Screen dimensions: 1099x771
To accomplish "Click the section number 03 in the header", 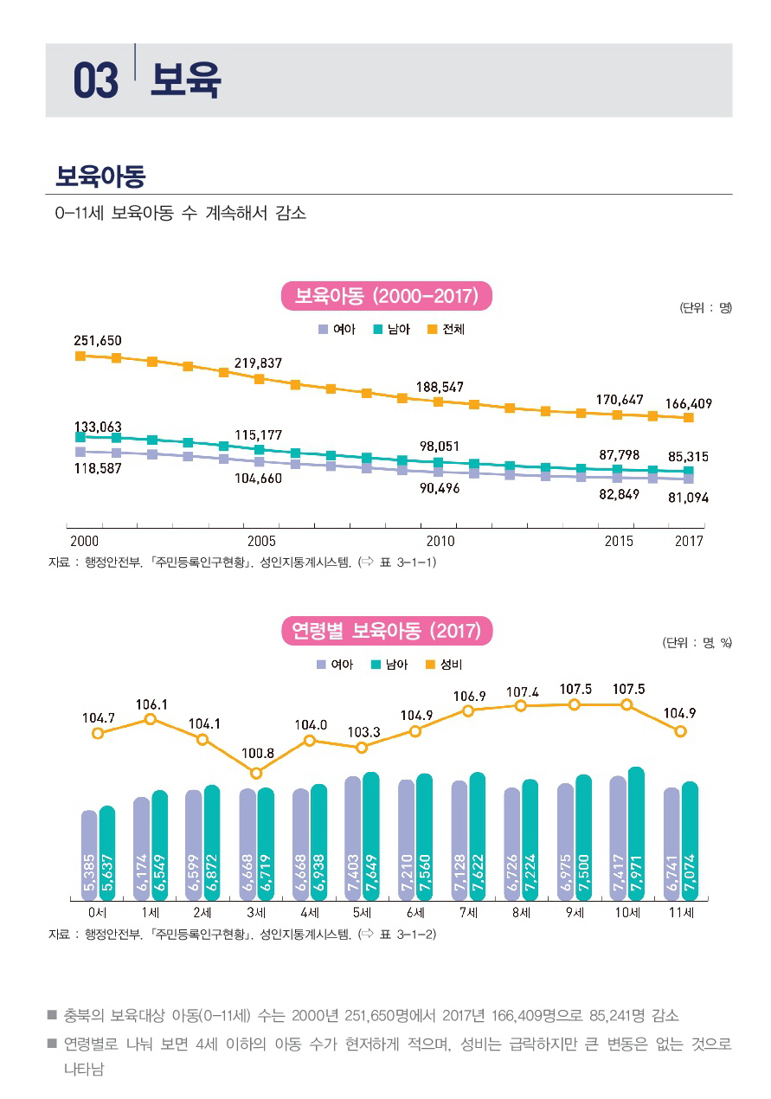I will coord(95,81).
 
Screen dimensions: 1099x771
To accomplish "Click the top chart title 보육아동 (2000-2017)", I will coord(387,296).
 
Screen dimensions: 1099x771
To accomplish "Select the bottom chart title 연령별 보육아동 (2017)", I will coord(387,630).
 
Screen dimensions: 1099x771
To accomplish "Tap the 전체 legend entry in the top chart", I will coord(447,330).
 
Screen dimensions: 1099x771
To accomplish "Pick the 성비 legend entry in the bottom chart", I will coord(447,665).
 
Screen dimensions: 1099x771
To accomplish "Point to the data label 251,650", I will coord(97,340).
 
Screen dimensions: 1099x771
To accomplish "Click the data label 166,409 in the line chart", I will coord(689,403).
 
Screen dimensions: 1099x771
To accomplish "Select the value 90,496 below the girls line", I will coord(440,489).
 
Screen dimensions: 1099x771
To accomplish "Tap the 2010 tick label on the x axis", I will coord(440,542).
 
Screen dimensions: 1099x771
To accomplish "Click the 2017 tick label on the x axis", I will coord(689,542).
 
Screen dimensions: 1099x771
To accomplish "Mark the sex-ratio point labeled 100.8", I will coord(256,773).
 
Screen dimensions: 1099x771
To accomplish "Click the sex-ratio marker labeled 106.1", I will coord(151,718).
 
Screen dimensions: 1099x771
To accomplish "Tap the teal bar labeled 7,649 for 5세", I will coord(371,836).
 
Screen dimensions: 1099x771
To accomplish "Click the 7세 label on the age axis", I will coord(468,913).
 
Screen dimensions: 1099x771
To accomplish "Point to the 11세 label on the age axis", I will coord(680,913).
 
